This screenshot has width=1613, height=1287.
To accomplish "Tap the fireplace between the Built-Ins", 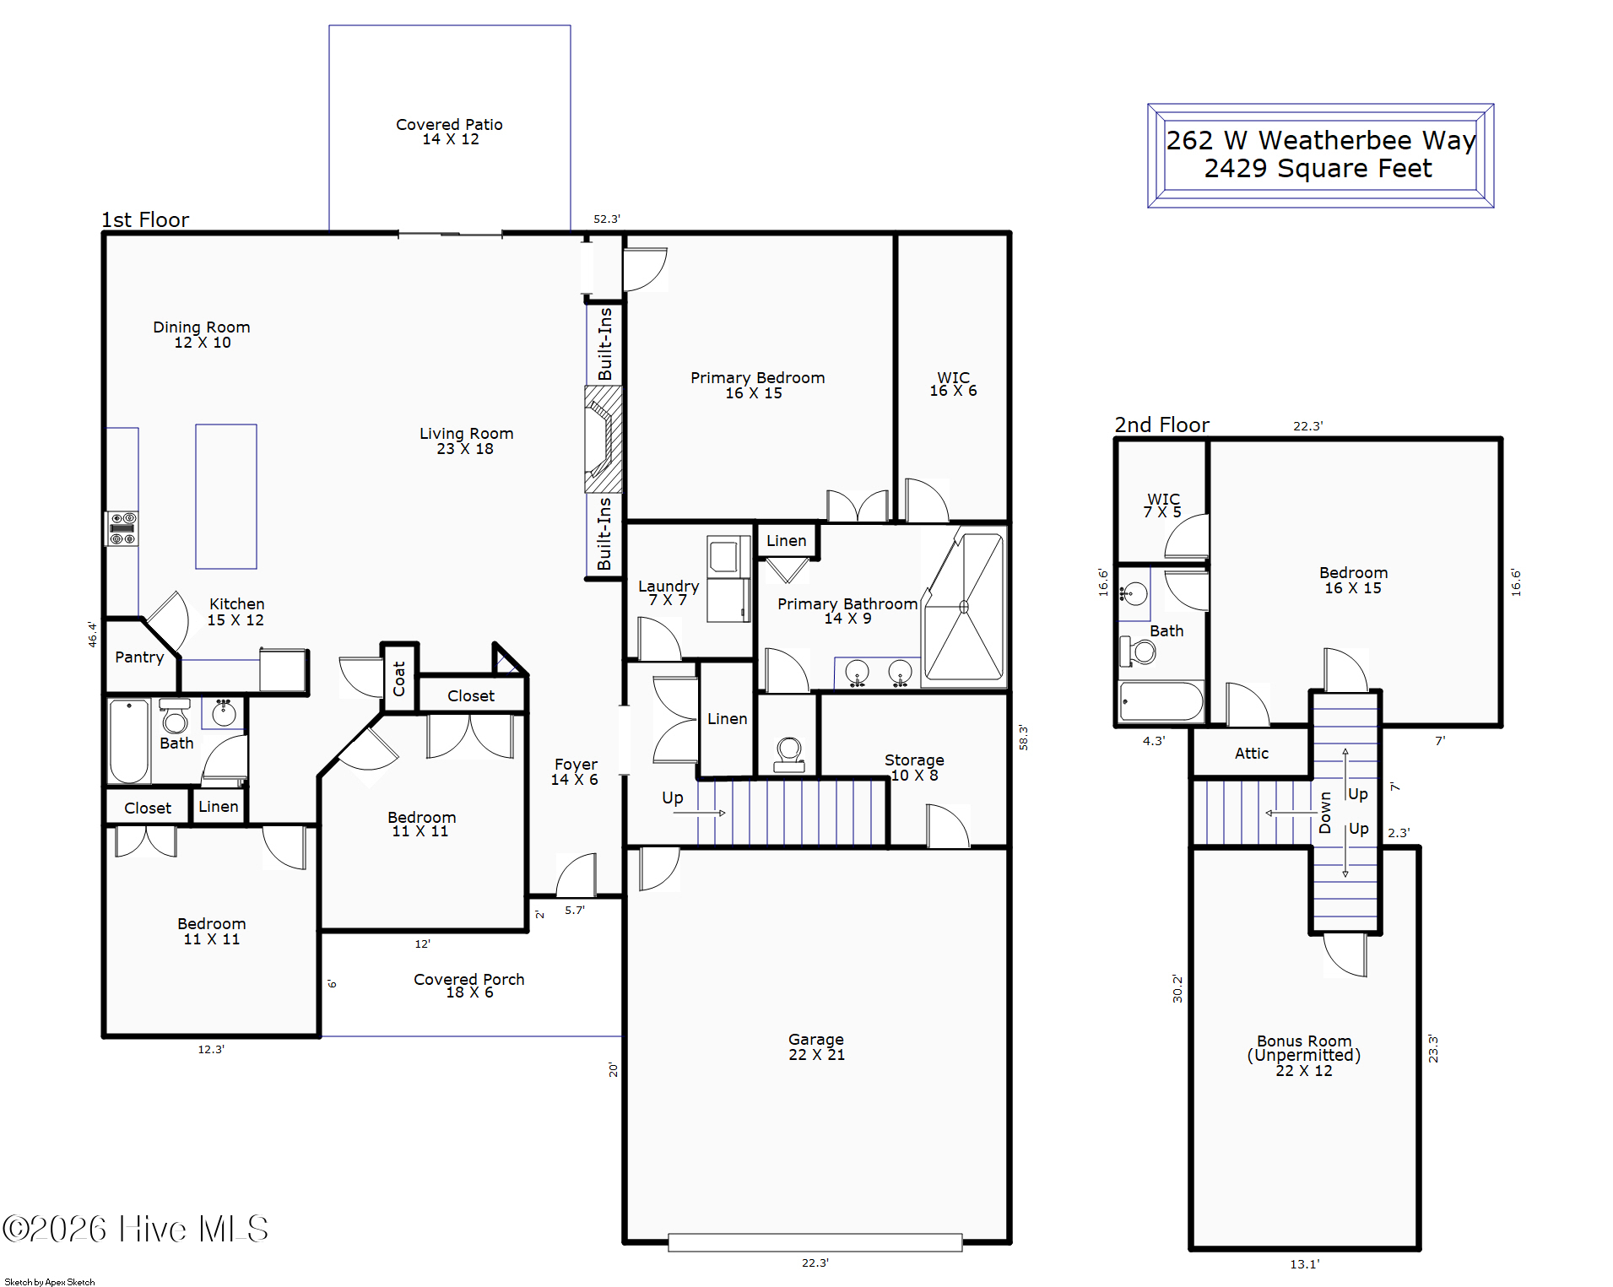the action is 604,439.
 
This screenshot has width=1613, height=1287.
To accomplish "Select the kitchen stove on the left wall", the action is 122,528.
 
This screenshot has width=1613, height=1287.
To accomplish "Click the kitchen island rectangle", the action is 226,496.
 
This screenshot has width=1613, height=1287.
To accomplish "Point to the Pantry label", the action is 139,657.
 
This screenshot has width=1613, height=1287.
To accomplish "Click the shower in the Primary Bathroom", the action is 964,607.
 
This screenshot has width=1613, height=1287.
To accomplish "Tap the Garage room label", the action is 816,1046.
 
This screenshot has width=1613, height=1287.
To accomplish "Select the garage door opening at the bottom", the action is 815,1241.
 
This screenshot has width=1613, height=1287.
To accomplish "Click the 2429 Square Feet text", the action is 1318,168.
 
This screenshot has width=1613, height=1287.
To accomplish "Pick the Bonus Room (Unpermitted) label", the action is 1304,1055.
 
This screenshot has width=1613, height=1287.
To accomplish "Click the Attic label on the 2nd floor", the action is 1252,753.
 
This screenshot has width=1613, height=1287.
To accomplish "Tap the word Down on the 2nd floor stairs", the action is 1325,813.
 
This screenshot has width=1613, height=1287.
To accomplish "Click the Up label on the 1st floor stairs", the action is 673,798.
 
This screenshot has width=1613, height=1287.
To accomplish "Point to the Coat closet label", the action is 399,679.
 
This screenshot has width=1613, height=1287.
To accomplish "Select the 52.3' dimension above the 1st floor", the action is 607,219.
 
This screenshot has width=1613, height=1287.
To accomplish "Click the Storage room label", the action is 914,767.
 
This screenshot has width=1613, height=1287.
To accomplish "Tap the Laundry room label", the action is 668,592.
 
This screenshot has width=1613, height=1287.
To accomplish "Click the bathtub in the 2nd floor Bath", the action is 1161,701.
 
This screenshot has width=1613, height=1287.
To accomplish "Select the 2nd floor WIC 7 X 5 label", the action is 1163,506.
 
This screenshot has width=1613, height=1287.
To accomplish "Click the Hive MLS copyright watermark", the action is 135,1229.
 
